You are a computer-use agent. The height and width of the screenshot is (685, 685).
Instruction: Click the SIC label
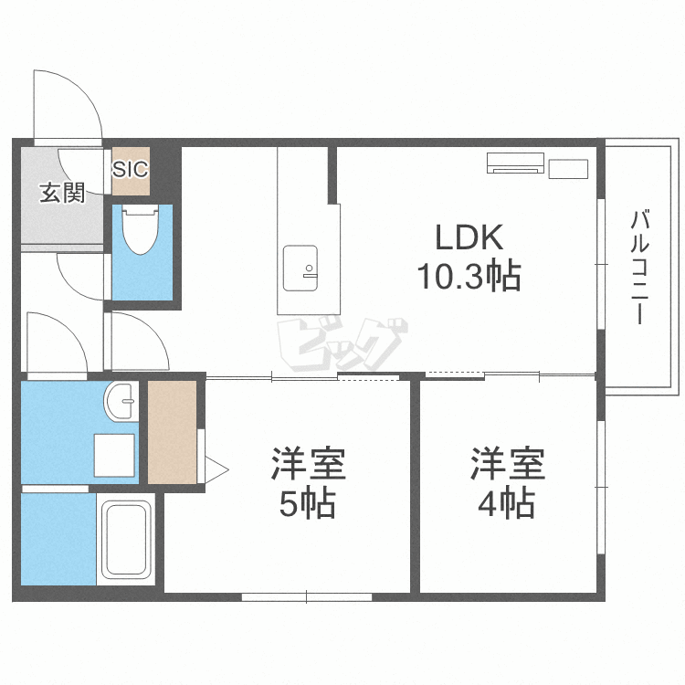pos(131,170)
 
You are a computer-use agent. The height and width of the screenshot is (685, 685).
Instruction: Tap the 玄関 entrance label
pos(62,193)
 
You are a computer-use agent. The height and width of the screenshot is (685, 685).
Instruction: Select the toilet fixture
pos(140,230)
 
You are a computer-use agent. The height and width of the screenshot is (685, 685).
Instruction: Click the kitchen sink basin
pos(300,269)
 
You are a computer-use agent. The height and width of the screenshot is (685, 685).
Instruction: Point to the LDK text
pos(469,237)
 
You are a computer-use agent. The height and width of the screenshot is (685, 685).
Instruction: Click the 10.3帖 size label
pos(469,276)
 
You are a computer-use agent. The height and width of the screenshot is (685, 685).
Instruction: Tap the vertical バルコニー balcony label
pos(639,267)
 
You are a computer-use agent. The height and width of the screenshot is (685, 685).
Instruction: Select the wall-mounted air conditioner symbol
pos(515,163)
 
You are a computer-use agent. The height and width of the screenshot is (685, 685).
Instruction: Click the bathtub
pos(126,540)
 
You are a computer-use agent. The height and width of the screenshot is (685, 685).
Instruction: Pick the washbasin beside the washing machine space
pos(121,402)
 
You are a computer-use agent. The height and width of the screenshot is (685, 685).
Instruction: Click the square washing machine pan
pos(114,455)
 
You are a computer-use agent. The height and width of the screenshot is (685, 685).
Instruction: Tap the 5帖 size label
pos(308,504)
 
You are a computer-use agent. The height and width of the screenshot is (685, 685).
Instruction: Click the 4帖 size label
pos(506,503)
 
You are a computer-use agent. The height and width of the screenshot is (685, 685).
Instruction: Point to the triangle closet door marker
pos(216,470)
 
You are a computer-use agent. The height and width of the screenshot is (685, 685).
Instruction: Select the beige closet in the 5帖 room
pos(172,433)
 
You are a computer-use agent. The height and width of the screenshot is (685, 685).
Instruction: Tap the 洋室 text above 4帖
pos(507,464)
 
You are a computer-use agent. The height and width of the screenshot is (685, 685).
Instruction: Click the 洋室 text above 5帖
pos(309,464)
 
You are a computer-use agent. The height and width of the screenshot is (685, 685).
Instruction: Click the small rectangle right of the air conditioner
pos(568,169)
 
